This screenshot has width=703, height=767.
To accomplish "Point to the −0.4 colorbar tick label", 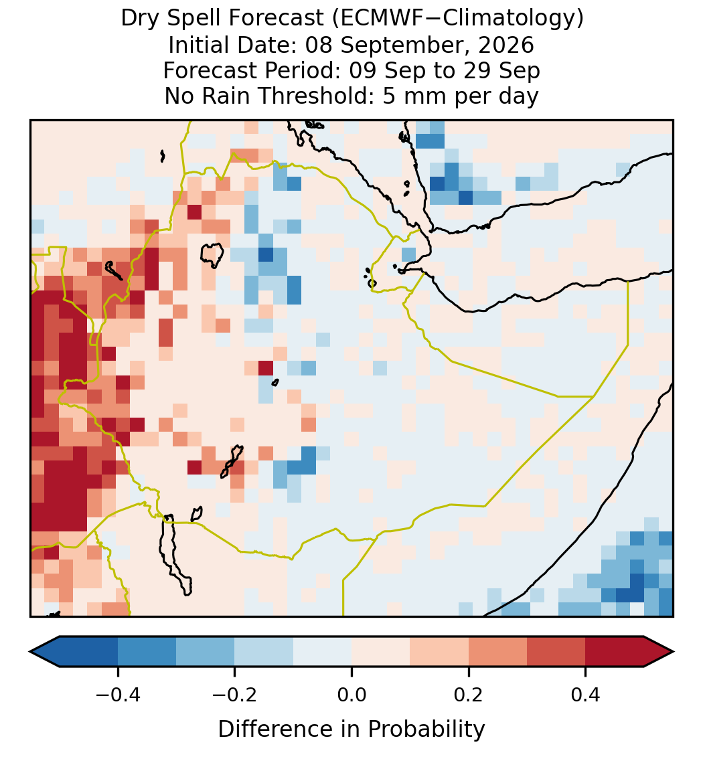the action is pyautogui.click(x=117, y=695).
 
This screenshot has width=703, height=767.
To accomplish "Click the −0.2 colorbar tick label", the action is pyautogui.click(x=234, y=695).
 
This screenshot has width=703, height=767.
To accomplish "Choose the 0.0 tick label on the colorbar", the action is pyautogui.click(x=351, y=695).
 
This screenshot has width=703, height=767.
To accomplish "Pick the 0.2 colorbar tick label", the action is pyautogui.click(x=469, y=695).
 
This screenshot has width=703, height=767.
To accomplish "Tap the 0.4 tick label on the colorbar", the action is pyautogui.click(x=586, y=695).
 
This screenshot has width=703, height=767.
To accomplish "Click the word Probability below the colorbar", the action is pyautogui.click(x=426, y=730).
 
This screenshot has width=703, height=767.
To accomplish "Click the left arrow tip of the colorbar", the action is pyautogui.click(x=30, y=652).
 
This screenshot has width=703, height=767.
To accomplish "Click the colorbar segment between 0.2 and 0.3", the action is pyautogui.click(x=498, y=652).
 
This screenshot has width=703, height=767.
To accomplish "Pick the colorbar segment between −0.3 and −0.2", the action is pyautogui.click(x=206, y=652).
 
